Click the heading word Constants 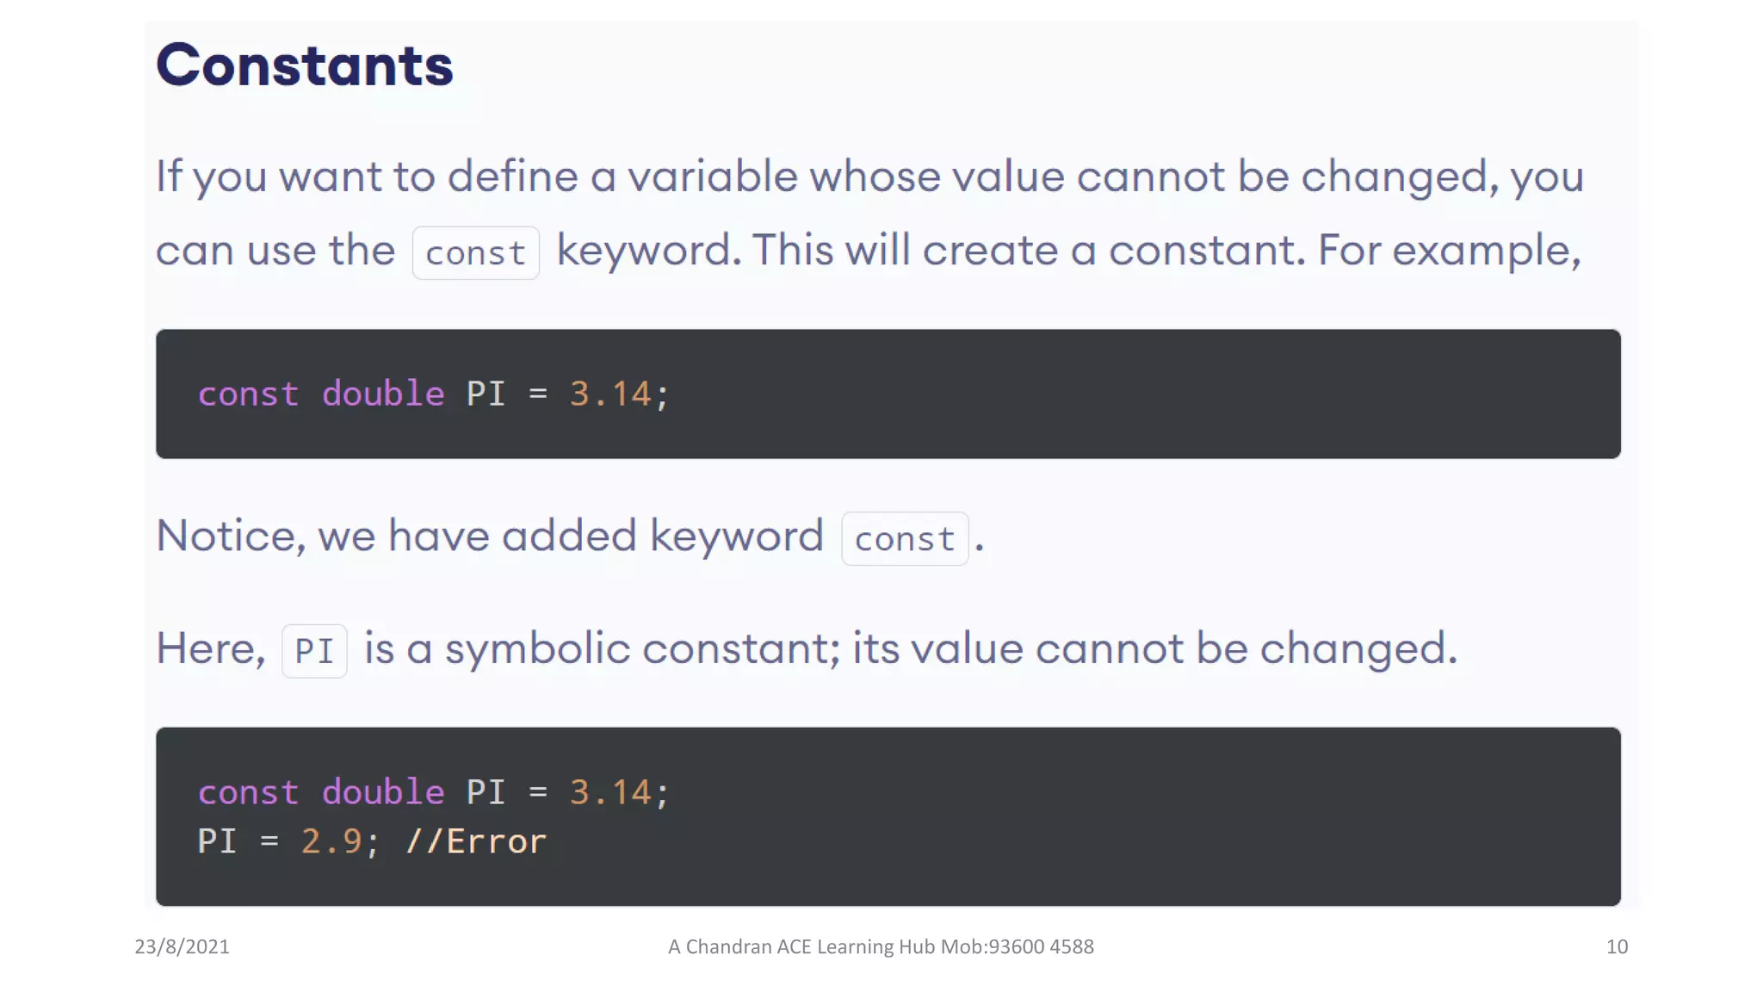coord(304,65)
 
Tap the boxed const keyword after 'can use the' coord(475,253)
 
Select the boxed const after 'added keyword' coord(904,539)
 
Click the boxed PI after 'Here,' coord(314,651)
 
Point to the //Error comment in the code coord(475,841)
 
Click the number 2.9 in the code coord(331,841)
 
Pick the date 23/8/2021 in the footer coord(182,946)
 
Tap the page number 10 coord(1617,946)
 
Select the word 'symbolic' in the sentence coord(537,648)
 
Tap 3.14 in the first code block coord(610,394)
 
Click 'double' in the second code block coord(383,791)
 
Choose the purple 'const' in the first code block coord(248,394)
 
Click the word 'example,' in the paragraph coord(1487,251)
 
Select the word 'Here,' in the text coord(211,648)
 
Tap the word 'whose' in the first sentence coord(875,177)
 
